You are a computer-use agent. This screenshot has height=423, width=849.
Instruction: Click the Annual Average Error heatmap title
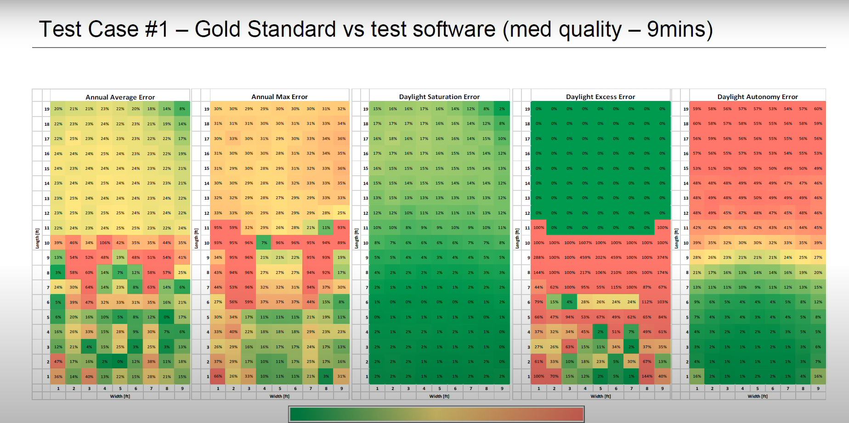click(120, 97)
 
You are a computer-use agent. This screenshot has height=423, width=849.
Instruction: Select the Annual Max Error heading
click(279, 97)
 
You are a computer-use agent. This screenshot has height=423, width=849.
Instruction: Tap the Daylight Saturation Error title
click(439, 97)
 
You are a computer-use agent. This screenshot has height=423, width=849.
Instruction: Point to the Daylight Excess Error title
click(600, 97)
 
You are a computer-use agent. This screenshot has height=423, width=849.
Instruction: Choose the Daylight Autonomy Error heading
click(758, 97)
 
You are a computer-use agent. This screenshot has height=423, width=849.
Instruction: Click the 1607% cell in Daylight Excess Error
click(585, 243)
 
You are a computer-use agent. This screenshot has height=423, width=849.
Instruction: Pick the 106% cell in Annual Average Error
click(105, 243)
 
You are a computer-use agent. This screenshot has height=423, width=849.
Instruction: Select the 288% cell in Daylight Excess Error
click(538, 257)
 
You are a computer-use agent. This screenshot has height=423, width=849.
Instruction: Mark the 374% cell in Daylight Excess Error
click(662, 257)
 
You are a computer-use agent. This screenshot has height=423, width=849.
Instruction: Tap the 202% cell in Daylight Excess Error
click(600, 257)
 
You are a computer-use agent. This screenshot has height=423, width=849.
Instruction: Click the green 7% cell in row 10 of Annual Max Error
click(264, 243)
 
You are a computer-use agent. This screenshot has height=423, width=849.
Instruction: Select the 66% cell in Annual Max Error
click(218, 376)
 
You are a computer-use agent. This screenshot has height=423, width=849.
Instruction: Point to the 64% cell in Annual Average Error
click(89, 287)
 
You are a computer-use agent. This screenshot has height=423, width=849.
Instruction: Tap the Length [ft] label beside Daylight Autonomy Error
click(676, 239)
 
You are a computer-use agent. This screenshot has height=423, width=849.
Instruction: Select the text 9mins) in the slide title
click(679, 29)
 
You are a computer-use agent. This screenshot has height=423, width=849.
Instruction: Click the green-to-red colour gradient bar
click(436, 414)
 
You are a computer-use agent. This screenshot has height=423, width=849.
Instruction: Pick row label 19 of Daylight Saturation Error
click(366, 109)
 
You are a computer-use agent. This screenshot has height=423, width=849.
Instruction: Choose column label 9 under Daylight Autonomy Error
click(818, 388)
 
